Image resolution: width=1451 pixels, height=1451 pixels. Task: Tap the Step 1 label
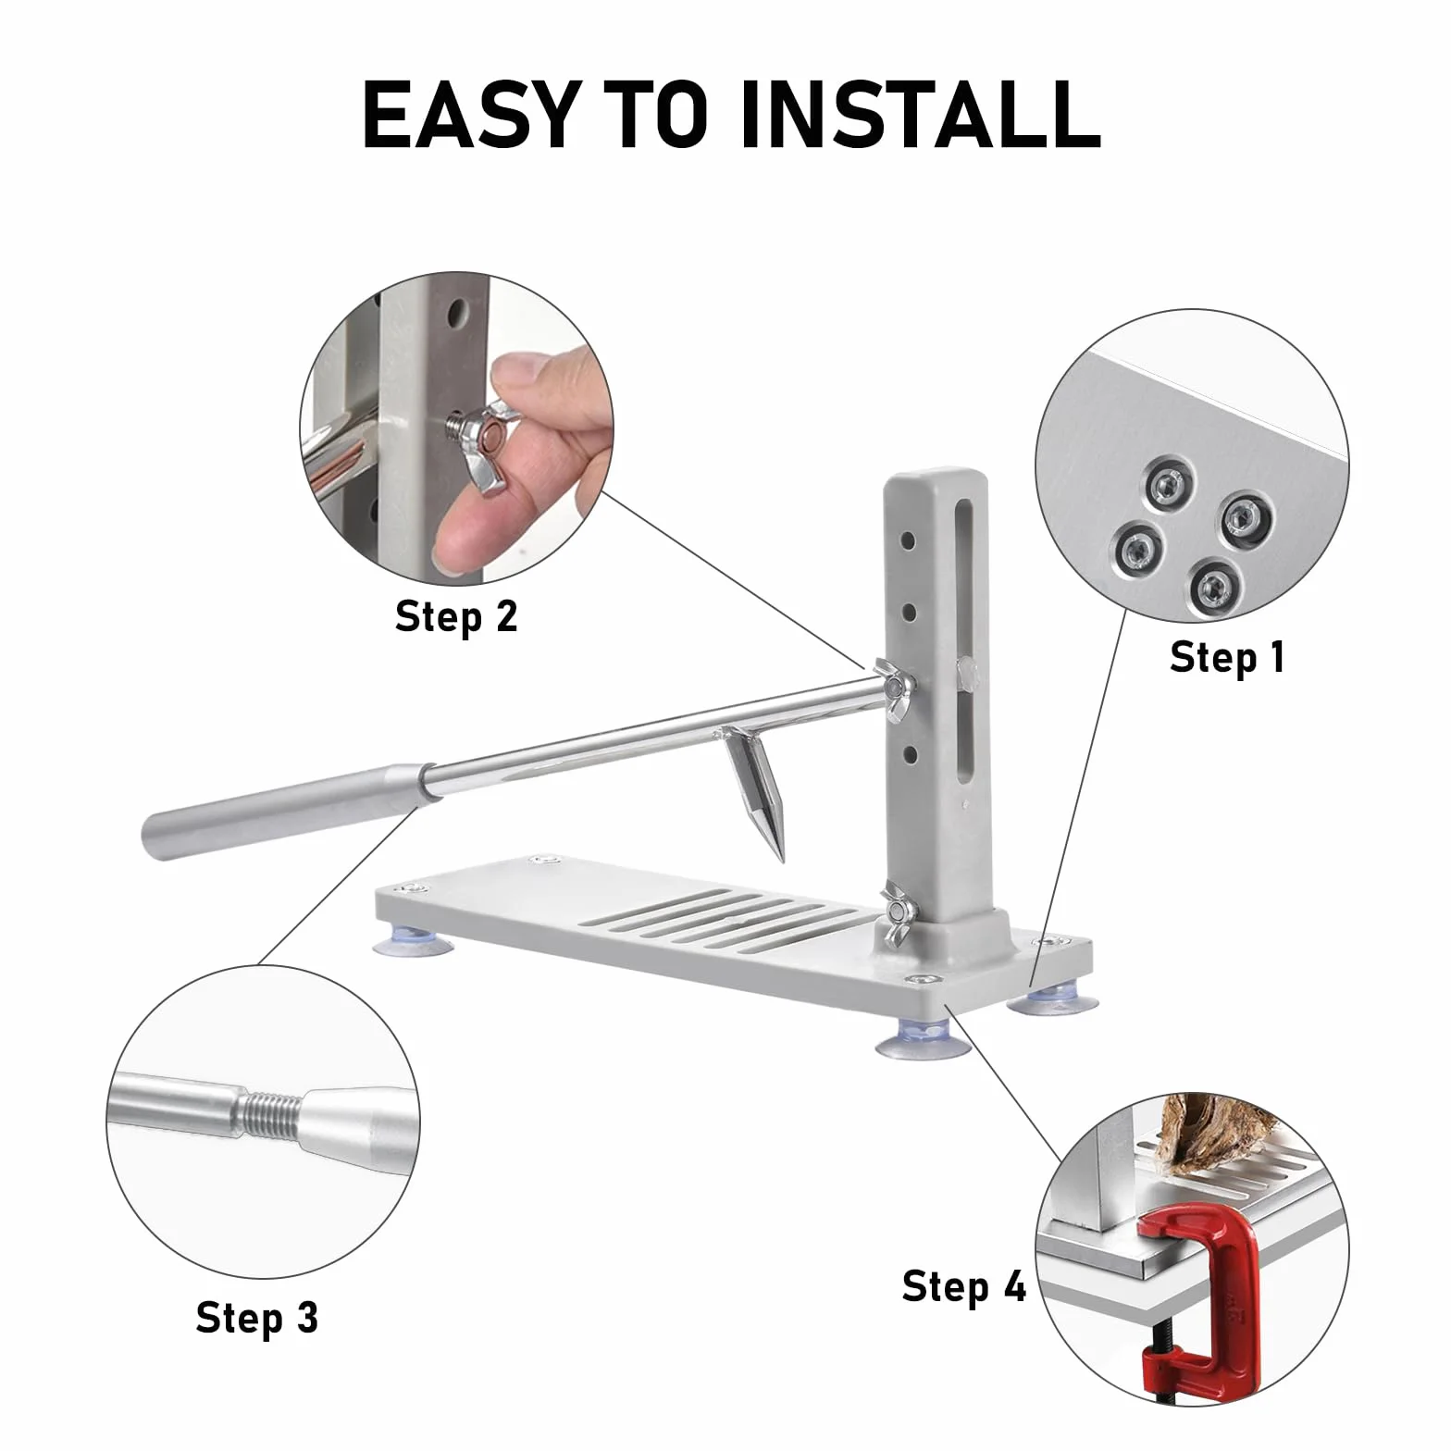click(1227, 657)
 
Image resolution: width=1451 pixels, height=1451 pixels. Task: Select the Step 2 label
click(456, 615)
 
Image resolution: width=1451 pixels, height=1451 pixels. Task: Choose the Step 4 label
click(964, 1286)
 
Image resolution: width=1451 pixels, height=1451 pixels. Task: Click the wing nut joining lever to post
click(894, 690)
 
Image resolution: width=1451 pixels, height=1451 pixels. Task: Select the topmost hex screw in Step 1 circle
click(1168, 482)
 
